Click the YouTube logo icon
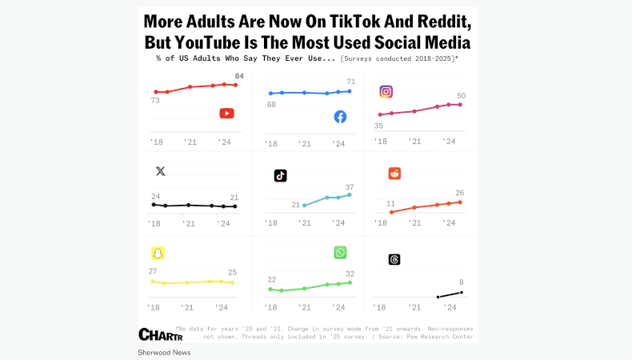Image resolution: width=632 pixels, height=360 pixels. click(226, 114)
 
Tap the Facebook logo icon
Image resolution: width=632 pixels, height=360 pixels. click(340, 117)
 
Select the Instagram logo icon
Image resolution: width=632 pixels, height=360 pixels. click(386, 91)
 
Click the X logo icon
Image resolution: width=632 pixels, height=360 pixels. click(160, 171)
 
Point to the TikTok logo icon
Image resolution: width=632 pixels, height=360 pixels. click(280, 175)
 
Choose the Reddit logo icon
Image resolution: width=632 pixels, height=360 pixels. click(394, 174)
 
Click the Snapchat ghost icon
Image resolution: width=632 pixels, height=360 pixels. click(158, 253)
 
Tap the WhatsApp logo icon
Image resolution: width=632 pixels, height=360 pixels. click(340, 252)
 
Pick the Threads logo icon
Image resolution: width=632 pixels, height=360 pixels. click(394, 259)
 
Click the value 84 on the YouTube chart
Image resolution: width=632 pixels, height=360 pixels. click(238, 76)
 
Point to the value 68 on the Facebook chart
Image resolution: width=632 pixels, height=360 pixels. click(271, 105)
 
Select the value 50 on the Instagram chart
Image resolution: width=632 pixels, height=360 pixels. click(461, 96)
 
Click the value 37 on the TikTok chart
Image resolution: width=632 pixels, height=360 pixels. click(350, 187)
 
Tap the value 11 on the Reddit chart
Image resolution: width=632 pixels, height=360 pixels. click(391, 203)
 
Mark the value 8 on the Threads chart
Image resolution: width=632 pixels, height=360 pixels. click(461, 282)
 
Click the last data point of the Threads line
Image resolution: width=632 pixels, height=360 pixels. click(462, 292)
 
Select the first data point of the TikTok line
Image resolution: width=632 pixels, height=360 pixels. click(304, 206)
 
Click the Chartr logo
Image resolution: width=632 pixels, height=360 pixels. click(161, 334)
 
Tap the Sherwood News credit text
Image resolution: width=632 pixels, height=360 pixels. click(164, 352)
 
